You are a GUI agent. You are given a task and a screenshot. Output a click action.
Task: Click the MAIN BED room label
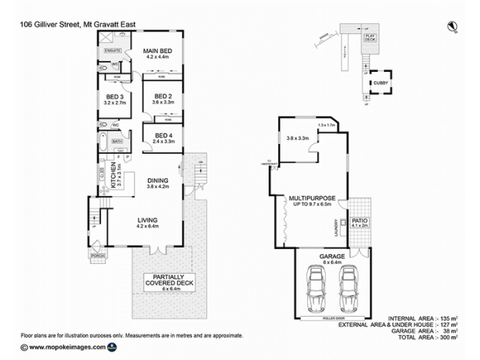(x=157, y=51)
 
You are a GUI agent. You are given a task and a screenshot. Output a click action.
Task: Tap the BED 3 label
(x=115, y=97)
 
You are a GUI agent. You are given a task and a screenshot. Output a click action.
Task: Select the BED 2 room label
(x=163, y=97)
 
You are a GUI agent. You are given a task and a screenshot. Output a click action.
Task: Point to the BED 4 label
(x=164, y=135)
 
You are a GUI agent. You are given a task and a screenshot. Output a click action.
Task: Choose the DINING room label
(x=159, y=180)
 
